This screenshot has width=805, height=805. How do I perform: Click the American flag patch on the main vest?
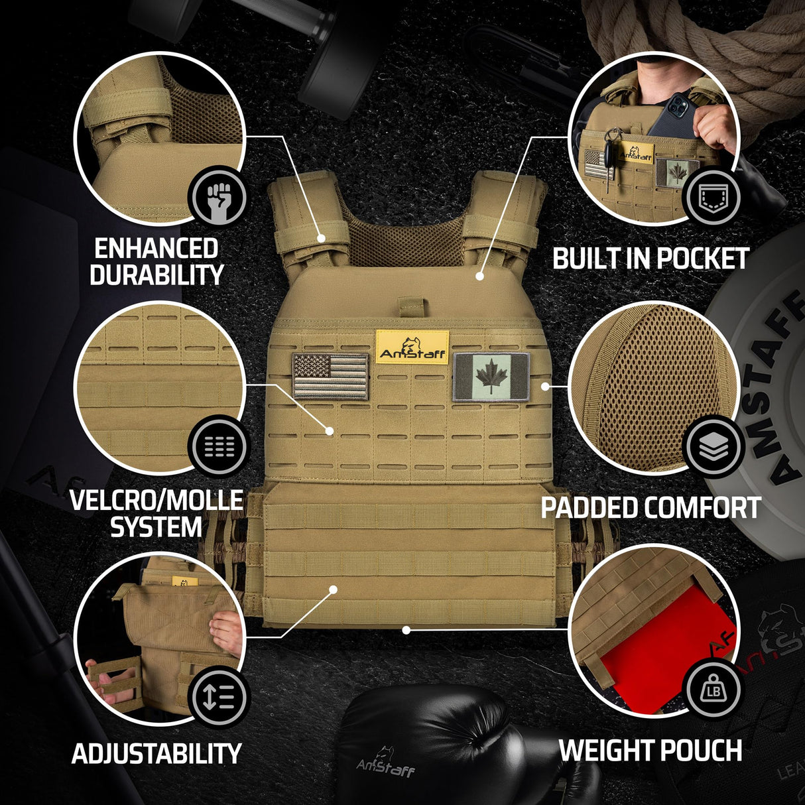point(330,376)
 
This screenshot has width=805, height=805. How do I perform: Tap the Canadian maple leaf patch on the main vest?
point(491,377)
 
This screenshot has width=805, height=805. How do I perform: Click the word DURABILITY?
point(156,275)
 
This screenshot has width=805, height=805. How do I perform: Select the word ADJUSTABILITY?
point(156,754)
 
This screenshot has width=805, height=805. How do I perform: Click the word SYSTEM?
point(156,527)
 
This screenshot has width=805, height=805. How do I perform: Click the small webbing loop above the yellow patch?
point(411,308)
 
